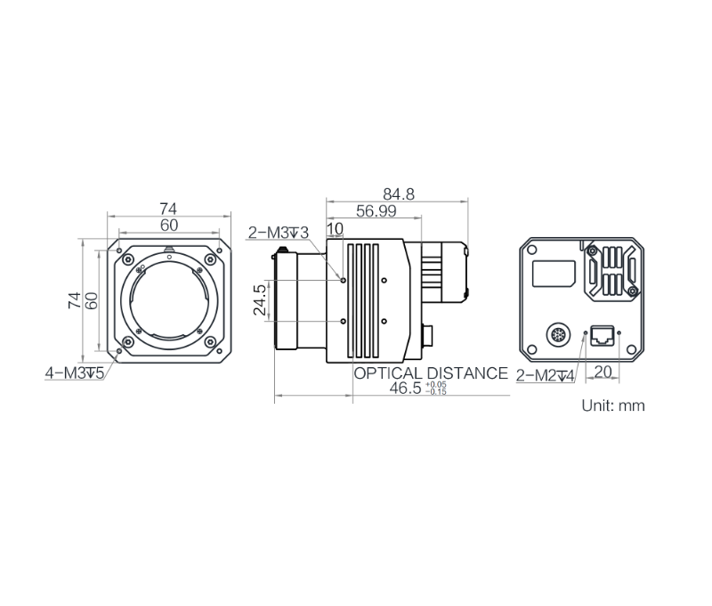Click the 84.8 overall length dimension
[x=398, y=192]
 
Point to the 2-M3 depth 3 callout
[x=278, y=233]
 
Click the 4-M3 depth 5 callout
[x=75, y=373]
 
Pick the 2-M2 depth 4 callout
[x=546, y=376]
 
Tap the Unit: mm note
[x=612, y=405]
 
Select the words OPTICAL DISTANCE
[x=431, y=373]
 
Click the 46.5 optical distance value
[x=407, y=389]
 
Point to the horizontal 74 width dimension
[x=168, y=209]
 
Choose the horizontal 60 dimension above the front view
[x=168, y=225]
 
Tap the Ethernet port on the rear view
[x=602, y=335]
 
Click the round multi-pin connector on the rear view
[x=554, y=335]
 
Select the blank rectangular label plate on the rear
[x=552, y=273]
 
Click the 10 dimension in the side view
[x=335, y=230]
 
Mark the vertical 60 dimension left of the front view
[x=91, y=301]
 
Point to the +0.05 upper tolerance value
[x=436, y=385]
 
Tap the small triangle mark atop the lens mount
[x=169, y=250]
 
